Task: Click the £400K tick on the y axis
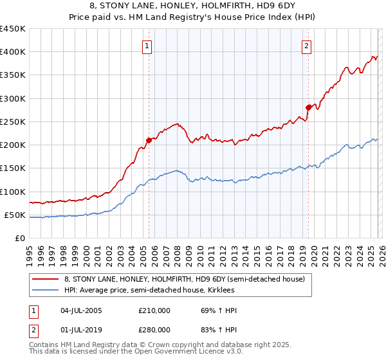12,52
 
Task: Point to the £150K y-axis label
12,168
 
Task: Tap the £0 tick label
21,238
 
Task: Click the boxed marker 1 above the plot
148,46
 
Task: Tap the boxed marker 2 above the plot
307,46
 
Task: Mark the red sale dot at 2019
308,107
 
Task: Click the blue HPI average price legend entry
167,290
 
